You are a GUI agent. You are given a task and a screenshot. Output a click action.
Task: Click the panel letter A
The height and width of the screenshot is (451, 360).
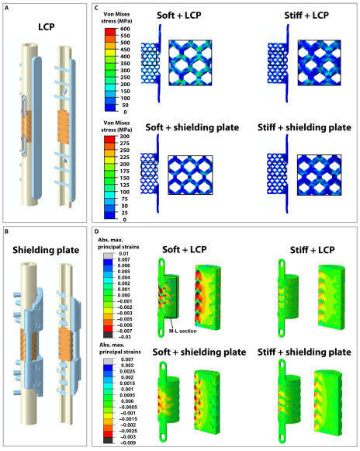point(7,8)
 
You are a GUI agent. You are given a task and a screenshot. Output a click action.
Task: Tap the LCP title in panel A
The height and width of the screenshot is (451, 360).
point(47,27)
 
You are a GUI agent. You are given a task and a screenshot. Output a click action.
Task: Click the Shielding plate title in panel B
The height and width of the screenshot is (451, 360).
point(46,250)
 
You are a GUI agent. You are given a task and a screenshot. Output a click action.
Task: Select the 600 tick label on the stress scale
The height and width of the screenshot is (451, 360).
point(125,29)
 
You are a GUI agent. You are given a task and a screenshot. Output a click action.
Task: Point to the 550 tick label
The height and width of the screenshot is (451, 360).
point(125,36)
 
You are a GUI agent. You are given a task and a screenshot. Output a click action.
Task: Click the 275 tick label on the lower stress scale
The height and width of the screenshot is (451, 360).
point(124,144)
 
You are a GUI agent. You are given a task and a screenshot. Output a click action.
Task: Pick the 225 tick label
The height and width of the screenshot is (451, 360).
point(124,157)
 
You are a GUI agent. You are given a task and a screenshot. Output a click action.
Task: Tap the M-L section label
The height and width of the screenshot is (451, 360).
point(182,331)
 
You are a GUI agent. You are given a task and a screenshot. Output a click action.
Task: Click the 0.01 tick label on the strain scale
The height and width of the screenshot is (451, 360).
point(124,254)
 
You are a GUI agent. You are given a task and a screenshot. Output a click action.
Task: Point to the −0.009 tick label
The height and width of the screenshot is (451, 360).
point(127,442)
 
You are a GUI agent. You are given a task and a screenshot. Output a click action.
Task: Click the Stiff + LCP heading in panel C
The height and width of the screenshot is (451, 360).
point(306,16)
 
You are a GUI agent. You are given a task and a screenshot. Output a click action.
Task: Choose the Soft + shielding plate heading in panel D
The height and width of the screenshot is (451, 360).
point(199,352)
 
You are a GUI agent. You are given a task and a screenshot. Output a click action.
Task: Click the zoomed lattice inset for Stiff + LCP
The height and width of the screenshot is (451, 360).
point(320,63)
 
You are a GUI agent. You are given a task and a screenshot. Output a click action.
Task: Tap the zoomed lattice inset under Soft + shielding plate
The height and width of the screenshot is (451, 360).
point(190,175)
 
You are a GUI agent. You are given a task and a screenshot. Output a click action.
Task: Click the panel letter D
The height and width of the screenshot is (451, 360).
point(97,231)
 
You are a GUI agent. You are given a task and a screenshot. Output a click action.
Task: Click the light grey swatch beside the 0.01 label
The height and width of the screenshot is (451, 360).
point(109,256)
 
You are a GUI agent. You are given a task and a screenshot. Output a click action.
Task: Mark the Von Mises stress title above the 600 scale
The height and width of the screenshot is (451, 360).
point(116,18)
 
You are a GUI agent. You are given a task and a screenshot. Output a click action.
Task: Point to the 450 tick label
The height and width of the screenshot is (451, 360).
point(125,50)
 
